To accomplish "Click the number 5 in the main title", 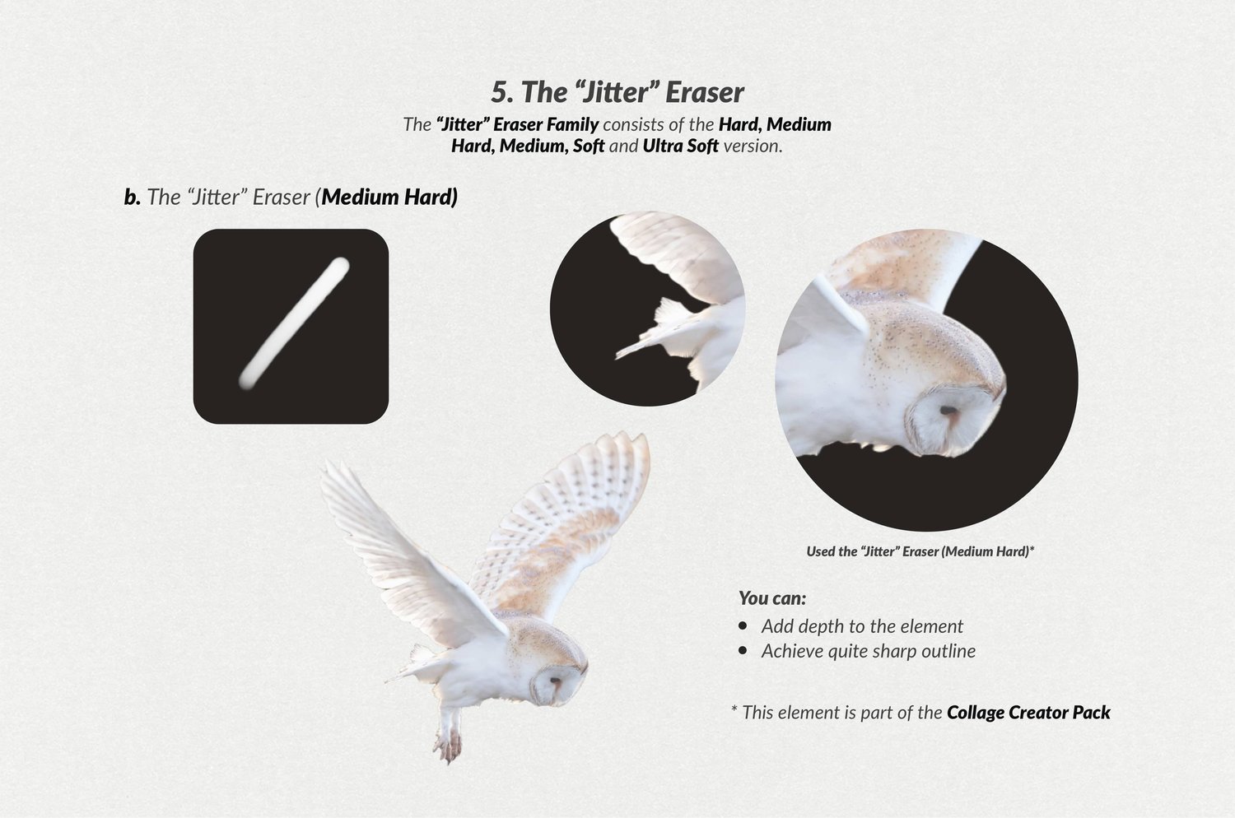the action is (x=500, y=92).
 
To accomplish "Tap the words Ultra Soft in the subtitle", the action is (x=680, y=146).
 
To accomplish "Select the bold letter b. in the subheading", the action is (x=133, y=197).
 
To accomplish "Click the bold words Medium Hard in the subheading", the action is (x=389, y=197).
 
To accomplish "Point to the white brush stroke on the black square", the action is (x=294, y=323).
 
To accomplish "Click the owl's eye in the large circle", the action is (x=948, y=410).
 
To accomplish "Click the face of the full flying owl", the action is (x=553, y=686).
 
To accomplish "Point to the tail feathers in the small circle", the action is (x=662, y=331).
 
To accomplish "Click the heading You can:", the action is (x=772, y=598).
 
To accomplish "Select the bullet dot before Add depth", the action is (x=743, y=625).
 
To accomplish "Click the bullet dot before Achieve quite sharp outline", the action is (x=743, y=650).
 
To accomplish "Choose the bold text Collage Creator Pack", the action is (x=1028, y=713).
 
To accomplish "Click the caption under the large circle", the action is (x=920, y=551).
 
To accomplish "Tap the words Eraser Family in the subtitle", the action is (x=546, y=124).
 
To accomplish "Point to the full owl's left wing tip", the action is (x=326, y=464).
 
